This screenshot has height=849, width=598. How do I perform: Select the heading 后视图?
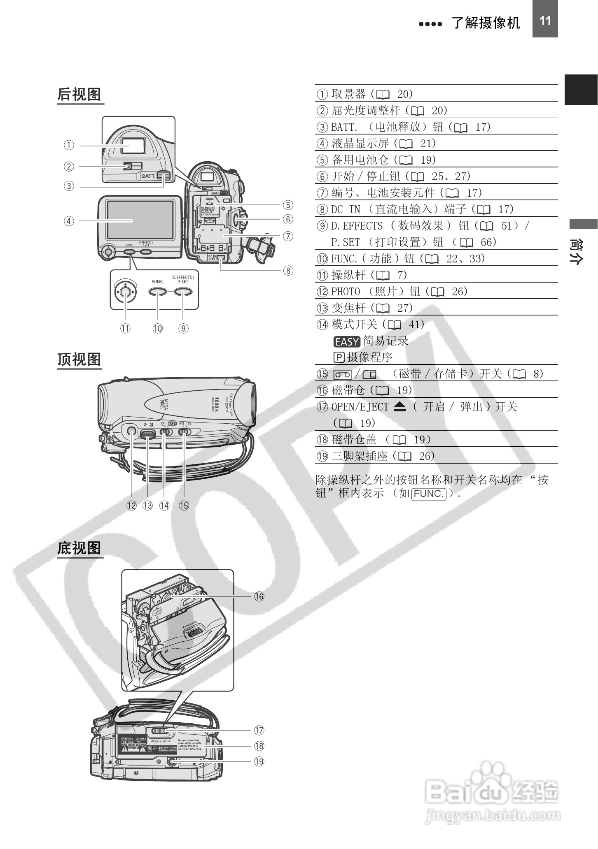(79, 95)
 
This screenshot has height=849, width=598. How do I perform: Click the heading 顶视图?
(79, 359)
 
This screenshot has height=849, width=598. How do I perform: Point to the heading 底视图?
(79, 548)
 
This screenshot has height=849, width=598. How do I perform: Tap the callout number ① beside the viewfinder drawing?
(69, 145)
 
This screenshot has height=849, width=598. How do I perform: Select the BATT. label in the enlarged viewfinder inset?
(148, 176)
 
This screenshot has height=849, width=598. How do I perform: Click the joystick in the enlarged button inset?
(126, 292)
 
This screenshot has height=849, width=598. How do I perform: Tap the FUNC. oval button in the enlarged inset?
(158, 292)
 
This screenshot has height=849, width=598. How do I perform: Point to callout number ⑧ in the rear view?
(288, 270)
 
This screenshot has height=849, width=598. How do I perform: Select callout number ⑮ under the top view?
(184, 506)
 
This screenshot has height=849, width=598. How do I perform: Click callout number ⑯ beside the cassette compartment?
(259, 596)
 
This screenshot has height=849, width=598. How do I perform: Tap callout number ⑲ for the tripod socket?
(259, 761)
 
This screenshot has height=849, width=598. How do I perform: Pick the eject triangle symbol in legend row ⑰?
(399, 407)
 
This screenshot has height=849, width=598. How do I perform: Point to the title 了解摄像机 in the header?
(486, 23)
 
